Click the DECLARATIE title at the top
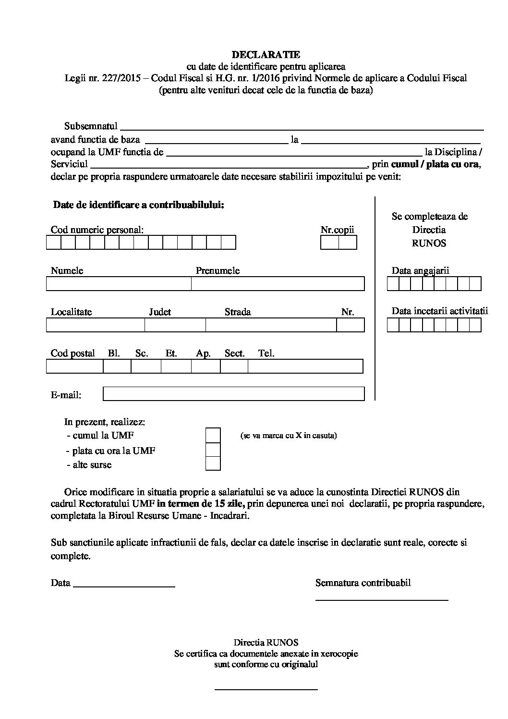[266, 55]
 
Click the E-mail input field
[234, 394]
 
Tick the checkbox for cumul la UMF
[213, 435]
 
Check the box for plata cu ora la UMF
[213, 450]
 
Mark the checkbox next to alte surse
[213, 463]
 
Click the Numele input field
[119, 284]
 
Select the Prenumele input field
[278, 284]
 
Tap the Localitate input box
[96, 325]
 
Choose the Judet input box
[175, 325]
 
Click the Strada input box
[271, 325]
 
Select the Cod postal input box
[74, 366]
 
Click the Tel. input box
[305, 366]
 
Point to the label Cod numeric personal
[97, 230]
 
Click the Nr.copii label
[338, 230]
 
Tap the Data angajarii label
[420, 270]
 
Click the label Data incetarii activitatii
[439, 311]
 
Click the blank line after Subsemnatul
[302, 128]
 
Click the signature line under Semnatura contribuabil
[382, 599]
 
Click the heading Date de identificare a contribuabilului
[138, 205]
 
